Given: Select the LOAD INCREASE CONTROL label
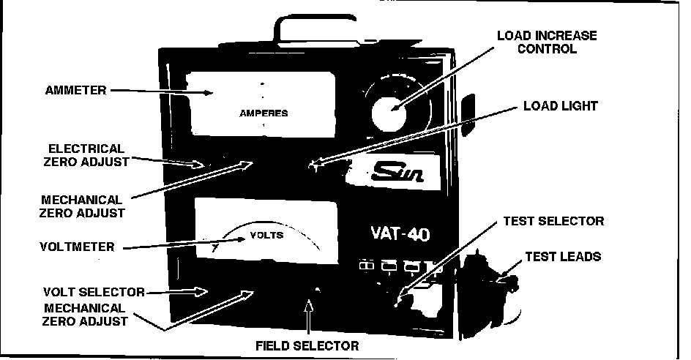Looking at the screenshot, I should click(547, 42).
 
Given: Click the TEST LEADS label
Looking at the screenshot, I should click(564, 257).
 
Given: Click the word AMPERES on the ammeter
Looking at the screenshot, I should click(264, 113).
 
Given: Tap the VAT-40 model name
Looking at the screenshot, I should click(395, 236).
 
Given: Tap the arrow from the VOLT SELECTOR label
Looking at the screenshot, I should click(179, 291).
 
